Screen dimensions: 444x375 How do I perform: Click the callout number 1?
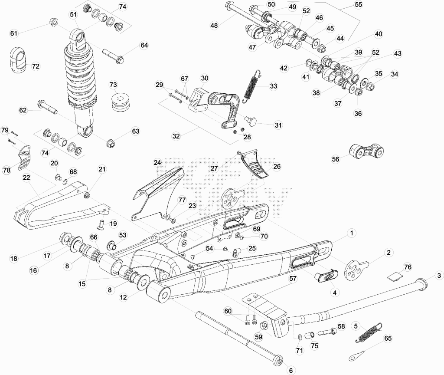click(352, 233)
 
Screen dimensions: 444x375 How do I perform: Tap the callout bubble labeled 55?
click(359, 5)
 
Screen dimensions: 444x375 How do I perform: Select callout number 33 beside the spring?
click(274, 86)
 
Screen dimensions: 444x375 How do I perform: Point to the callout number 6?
click(291, 370)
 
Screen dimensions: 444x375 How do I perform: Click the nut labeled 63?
click(111, 143)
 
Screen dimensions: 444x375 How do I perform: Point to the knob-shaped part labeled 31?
click(251, 121)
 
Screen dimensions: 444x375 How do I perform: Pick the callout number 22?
click(26, 178)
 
